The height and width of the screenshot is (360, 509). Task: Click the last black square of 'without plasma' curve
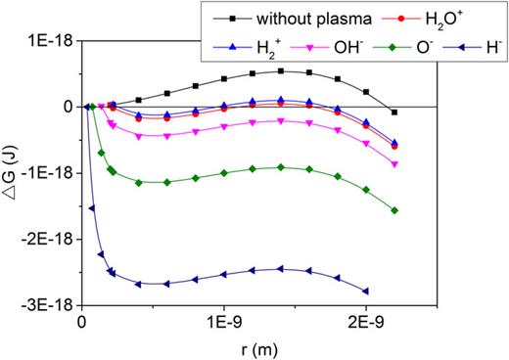394,112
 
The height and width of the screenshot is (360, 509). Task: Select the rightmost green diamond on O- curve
394,210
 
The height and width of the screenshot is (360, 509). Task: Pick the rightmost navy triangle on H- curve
366,291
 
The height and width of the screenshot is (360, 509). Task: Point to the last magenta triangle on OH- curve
394,164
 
